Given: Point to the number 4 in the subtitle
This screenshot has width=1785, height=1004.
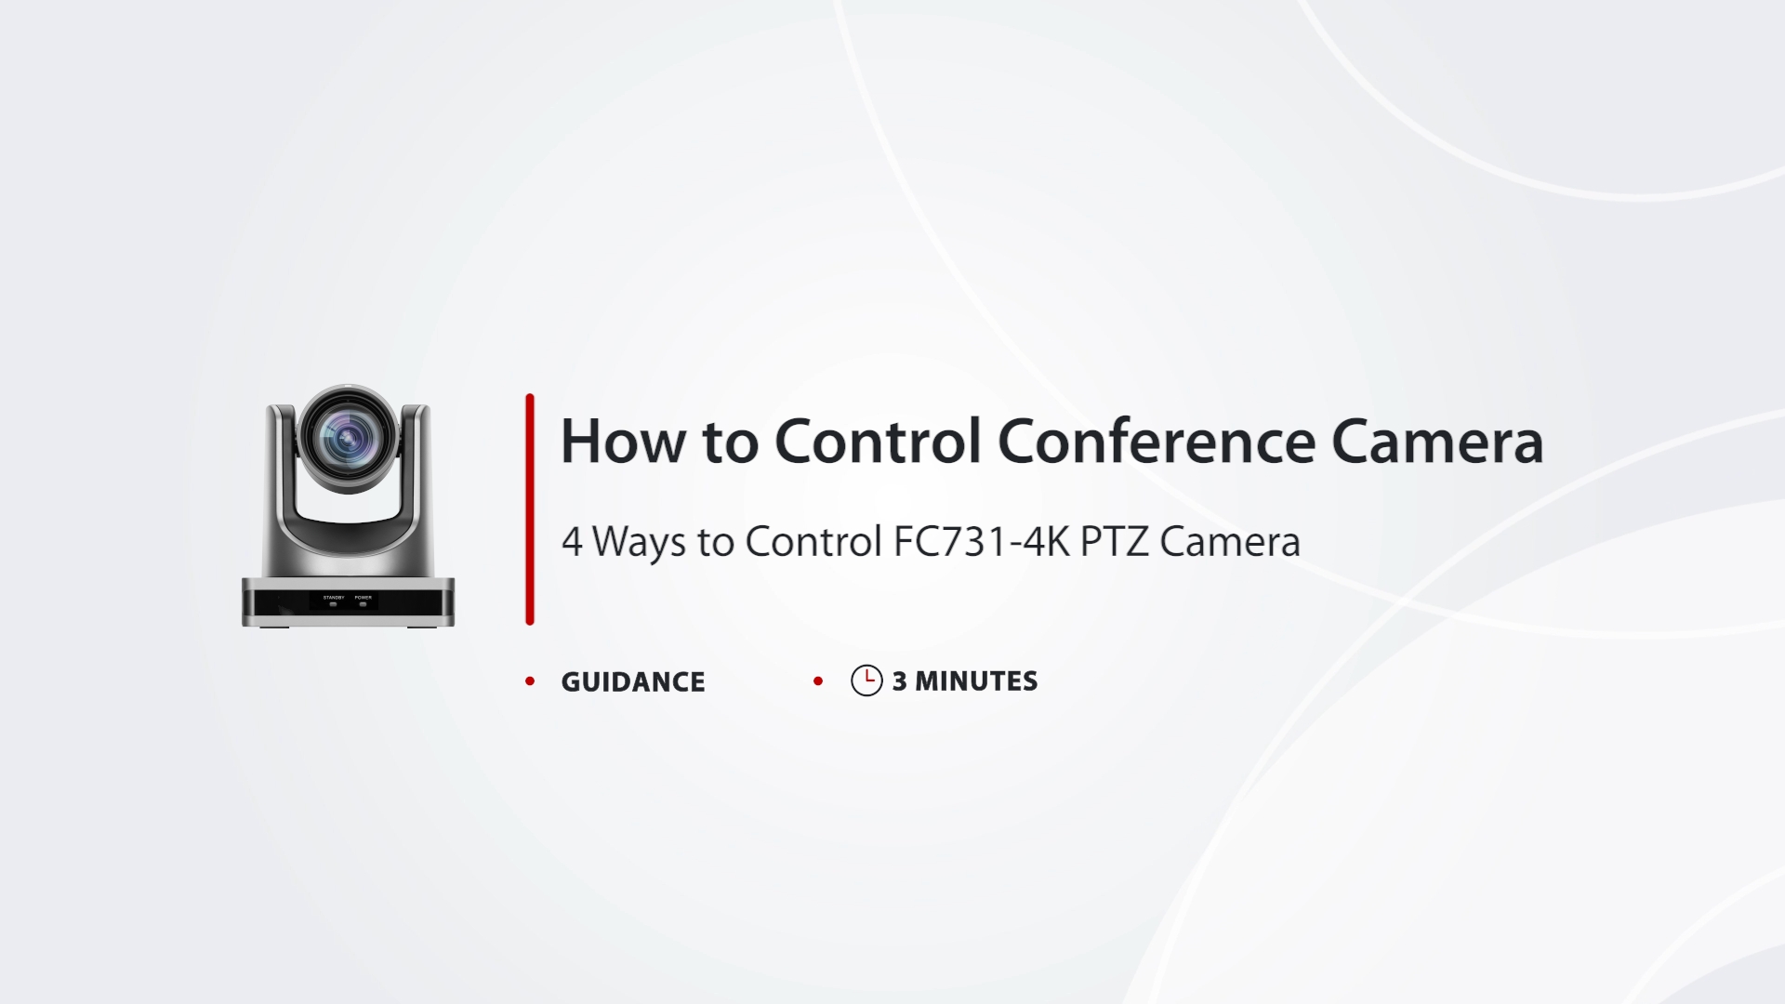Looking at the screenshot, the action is coord(572,541).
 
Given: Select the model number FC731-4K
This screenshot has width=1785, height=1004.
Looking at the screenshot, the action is coord(982,541).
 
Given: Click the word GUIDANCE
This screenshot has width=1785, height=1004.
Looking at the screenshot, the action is coord(633,681).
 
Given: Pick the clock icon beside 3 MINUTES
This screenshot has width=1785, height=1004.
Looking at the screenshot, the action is coord(866,680).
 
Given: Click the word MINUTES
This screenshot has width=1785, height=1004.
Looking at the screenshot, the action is coord(976,681).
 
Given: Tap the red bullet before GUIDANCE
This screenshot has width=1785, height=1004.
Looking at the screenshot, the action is coord(530,681).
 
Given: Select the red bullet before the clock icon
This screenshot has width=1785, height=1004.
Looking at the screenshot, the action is coord(818,681).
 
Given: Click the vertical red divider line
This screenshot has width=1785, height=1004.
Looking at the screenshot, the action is coord(530,509).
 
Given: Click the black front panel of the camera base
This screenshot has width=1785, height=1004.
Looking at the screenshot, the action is coord(349,601).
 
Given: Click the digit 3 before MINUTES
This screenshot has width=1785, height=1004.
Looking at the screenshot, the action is coord(899,681).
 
